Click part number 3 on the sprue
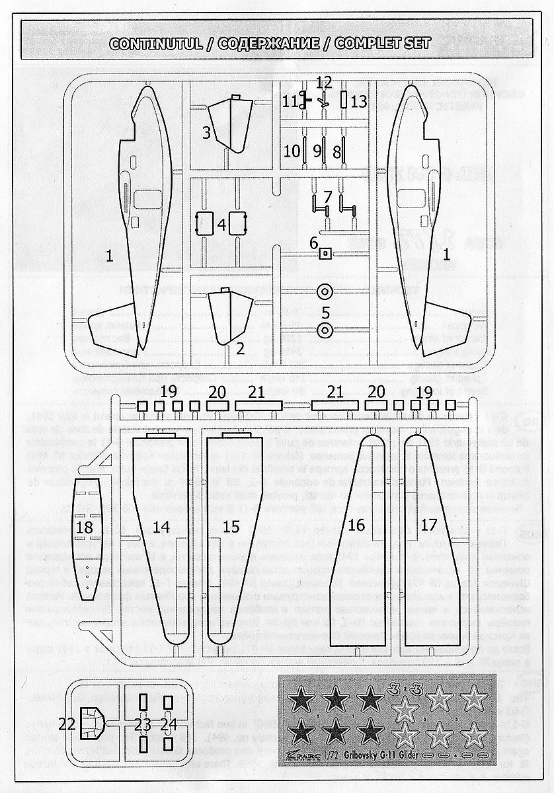pos(206,132)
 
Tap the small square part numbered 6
pos(325,253)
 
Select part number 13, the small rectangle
pos(344,100)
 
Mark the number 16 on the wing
pos(356,525)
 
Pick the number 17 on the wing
pos(428,525)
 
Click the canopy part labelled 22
pos(89,724)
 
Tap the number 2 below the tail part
pos(241,348)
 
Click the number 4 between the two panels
pos(222,225)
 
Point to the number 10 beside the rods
pos(292,151)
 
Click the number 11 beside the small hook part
pos(290,101)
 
